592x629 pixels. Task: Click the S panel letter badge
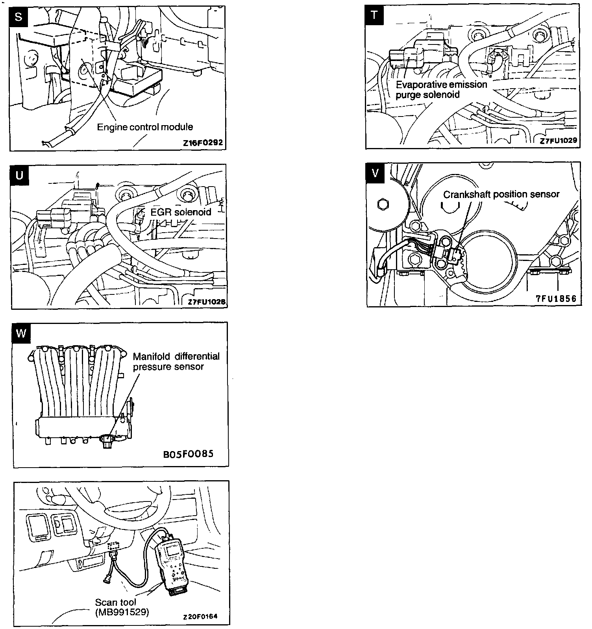click(x=18, y=16)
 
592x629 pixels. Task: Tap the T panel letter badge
click(x=374, y=15)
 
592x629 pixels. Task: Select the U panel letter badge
click(x=19, y=174)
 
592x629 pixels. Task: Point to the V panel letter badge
click(x=375, y=173)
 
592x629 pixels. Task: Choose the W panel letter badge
click(x=21, y=333)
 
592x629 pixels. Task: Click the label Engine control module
click(x=145, y=127)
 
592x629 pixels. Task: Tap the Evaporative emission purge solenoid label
click(x=441, y=90)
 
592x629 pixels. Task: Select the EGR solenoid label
click(x=181, y=212)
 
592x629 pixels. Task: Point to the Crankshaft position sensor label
click(x=501, y=194)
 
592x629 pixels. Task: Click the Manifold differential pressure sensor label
click(x=176, y=361)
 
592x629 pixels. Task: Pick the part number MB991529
click(x=122, y=612)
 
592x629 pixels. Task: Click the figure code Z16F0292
click(x=203, y=142)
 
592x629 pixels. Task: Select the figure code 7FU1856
click(x=556, y=298)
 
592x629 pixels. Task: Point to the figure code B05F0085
click(x=188, y=454)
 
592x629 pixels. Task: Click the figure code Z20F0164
click(x=200, y=616)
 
